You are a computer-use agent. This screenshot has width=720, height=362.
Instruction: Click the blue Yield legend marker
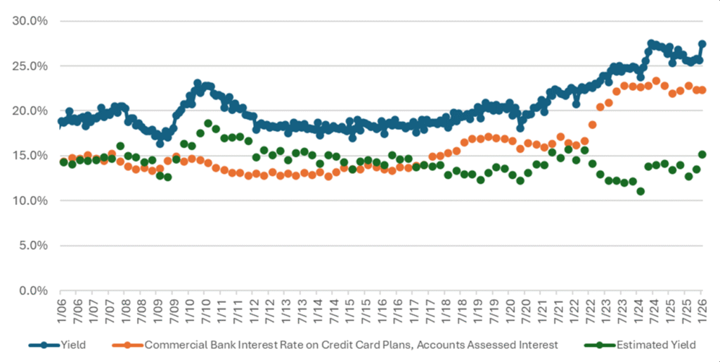44,345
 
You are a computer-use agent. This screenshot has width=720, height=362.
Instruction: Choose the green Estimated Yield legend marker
600,345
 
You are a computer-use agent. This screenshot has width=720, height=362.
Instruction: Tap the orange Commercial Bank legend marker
128,345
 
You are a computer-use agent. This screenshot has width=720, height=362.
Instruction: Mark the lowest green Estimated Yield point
641,192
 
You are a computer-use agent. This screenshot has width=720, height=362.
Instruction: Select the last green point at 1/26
702,154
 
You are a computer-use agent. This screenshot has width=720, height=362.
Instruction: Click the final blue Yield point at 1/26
702,44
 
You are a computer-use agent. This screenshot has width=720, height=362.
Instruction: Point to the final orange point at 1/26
702,90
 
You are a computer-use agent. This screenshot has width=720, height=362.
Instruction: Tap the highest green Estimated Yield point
208,123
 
